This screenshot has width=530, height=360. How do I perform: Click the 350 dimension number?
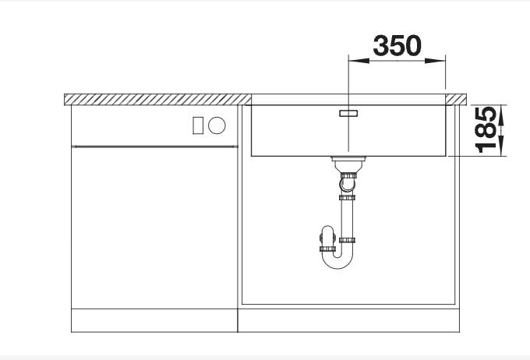397,46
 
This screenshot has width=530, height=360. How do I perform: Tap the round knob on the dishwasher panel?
217,125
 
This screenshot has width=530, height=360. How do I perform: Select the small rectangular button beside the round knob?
199,125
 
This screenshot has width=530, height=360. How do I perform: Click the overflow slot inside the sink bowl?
347,113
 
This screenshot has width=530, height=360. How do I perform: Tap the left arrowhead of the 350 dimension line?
353,61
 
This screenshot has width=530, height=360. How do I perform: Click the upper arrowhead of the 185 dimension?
501,110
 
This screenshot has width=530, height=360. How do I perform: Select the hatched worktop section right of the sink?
456,99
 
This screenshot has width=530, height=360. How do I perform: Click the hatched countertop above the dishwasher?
156,99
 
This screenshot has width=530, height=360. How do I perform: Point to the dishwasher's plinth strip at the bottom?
154,320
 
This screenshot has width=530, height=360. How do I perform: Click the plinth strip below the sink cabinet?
347,320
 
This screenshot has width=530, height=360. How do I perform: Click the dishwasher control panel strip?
154,125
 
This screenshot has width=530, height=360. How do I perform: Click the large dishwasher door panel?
154,226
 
